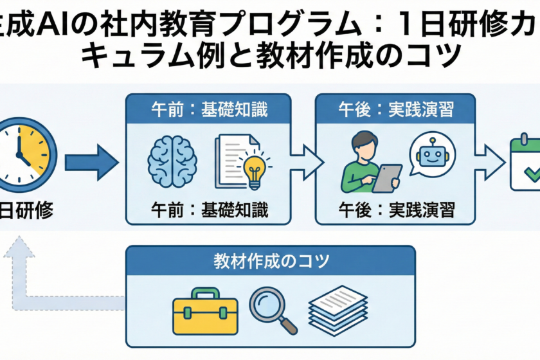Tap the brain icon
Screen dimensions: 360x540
click(x=172, y=161)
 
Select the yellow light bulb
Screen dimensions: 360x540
click(x=252, y=165)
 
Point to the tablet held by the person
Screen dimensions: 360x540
click(x=387, y=178)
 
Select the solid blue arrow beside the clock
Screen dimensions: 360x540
click(x=91, y=160)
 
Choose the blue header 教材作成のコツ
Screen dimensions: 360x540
click(x=271, y=262)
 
